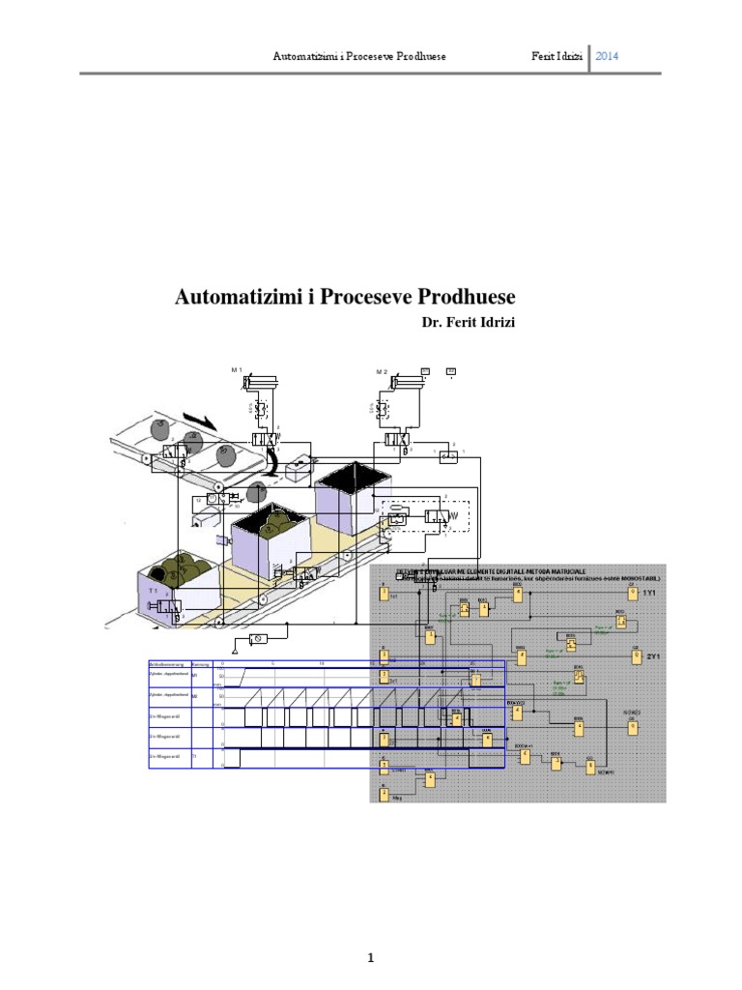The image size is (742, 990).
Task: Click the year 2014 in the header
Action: pos(607,56)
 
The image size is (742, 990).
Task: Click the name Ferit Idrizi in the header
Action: pos(556,56)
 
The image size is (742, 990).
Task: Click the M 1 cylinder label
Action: pos(237,371)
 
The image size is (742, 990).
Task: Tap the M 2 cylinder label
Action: pos(382,371)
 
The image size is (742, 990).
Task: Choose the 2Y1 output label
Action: pos(652,657)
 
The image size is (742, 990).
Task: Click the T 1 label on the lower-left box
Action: pos(153,589)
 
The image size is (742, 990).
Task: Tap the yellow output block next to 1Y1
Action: pos(633,596)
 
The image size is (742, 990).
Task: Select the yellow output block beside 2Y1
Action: pos(635,657)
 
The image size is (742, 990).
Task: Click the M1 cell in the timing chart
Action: pos(195,677)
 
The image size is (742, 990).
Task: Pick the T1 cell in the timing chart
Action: pos(195,756)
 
